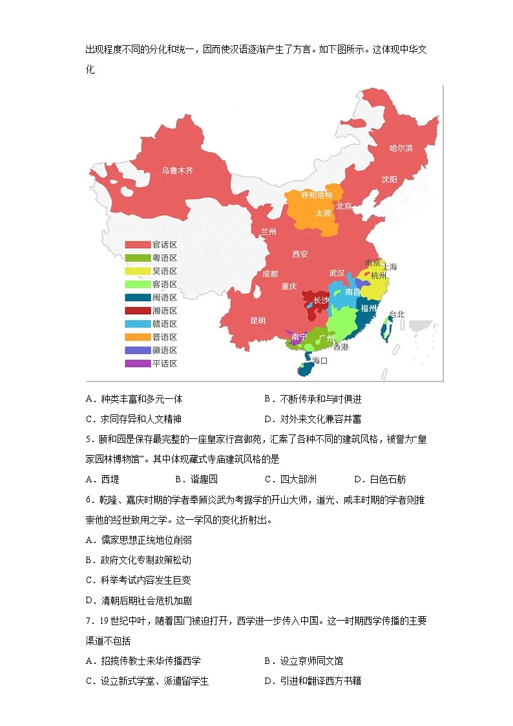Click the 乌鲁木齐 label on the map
pos(177,171)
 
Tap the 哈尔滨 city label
pos(401,148)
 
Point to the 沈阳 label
pos(389,179)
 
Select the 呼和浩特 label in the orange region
pos(316,195)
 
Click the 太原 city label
pos(323,213)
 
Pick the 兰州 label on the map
pos(268,231)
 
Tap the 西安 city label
pos(300,254)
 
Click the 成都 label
pos(270,273)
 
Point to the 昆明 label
pos(258,321)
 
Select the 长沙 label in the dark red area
pos(320,301)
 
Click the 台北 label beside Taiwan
pos(396,315)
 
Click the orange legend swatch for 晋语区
pos(137,337)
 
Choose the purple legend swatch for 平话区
pos(137,363)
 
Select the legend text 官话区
pos(164,244)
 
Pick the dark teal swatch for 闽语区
pos(137,297)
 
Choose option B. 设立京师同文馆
pos(304,661)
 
